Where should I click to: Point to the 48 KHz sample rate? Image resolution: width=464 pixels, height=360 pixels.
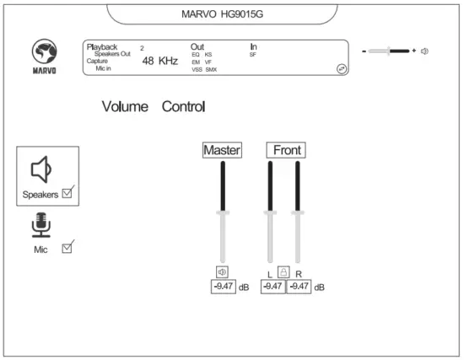159,61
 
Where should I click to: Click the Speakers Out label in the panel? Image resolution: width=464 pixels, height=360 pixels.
112,53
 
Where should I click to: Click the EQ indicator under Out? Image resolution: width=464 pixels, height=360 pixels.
196,54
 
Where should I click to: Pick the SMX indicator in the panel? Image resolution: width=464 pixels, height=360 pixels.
211,69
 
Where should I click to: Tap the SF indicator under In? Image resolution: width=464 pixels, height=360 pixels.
253,54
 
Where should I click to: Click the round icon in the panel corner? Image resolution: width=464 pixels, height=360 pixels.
341,69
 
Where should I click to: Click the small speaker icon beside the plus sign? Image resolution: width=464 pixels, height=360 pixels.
425,51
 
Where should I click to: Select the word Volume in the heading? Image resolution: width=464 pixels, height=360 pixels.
125,107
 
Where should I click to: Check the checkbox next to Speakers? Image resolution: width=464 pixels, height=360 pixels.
68,192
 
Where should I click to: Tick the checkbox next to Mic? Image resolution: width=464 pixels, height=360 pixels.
68,247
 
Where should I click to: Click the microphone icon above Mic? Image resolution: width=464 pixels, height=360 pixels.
41,224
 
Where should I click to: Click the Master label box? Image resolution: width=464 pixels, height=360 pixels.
222,150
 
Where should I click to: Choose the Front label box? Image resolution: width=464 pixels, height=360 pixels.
286,150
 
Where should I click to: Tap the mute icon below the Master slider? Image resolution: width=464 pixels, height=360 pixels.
222,271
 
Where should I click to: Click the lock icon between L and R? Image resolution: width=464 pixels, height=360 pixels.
284,272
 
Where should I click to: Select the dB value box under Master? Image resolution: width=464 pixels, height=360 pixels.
223,287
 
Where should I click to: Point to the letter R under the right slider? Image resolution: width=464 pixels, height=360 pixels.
299,274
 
